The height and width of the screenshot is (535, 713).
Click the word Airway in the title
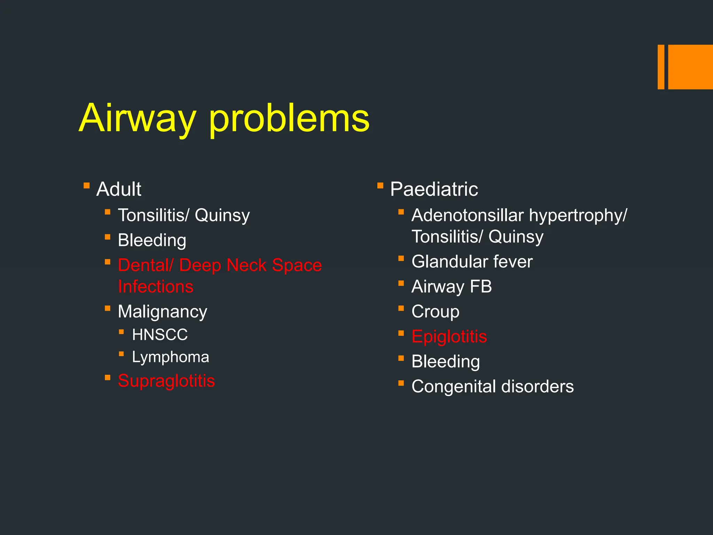click(138, 118)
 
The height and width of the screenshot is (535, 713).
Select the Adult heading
click(119, 189)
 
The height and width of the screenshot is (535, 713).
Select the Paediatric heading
click(434, 189)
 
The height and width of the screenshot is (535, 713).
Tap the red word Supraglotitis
click(166, 381)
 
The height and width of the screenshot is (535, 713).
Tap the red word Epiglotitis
click(449, 336)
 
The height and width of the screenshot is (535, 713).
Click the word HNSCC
click(160, 335)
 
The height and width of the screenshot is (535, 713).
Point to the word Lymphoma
click(171, 357)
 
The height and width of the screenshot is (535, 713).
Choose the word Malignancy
click(162, 311)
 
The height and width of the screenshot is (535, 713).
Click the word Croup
click(435, 311)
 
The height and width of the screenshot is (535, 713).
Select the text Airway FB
click(452, 287)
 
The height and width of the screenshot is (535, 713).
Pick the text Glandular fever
click(472, 262)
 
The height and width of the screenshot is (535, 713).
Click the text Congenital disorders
click(492, 387)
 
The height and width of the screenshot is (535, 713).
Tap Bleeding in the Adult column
click(152, 240)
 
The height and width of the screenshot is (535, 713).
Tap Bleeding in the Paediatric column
click(446, 362)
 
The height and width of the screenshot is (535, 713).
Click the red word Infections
click(156, 287)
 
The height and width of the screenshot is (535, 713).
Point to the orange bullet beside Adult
click(87, 186)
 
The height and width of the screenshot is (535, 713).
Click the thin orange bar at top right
click(661, 67)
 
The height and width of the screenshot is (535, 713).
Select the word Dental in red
click(143, 265)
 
